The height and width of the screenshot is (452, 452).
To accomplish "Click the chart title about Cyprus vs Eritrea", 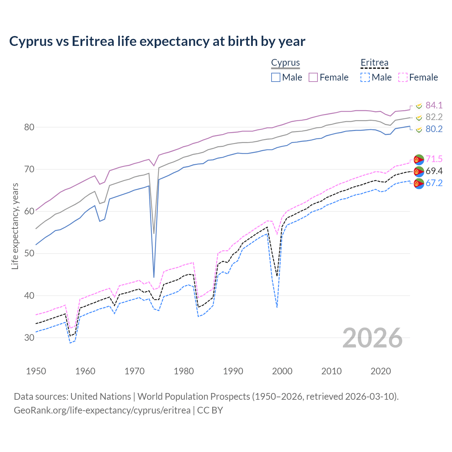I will [x=157, y=41].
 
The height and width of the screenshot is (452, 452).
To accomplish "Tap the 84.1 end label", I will [x=434, y=105].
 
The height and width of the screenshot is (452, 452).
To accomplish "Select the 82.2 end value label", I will [x=434, y=117].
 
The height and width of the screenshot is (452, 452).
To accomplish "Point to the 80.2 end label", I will [x=434, y=129].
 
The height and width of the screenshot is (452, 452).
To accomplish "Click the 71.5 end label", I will [x=434, y=159].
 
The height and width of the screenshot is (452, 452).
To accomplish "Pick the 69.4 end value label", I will [x=434, y=171].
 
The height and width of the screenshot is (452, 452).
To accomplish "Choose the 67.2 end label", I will [x=434, y=183].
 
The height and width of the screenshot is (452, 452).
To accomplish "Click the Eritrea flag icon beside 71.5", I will [x=419, y=160].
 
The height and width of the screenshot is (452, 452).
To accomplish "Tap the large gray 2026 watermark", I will [x=373, y=338].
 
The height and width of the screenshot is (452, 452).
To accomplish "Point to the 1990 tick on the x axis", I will [x=233, y=371].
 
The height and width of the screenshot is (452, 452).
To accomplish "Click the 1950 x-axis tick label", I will [x=36, y=371].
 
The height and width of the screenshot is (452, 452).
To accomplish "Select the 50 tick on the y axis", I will [x=29, y=254].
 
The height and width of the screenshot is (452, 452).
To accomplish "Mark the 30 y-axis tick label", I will [x=29, y=338].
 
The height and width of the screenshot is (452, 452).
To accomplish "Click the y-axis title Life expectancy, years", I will [x=15, y=226].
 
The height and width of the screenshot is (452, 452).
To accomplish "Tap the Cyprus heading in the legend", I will [x=285, y=63].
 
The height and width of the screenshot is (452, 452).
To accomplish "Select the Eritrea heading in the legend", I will [x=374, y=63].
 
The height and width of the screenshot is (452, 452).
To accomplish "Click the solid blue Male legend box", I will [x=276, y=77].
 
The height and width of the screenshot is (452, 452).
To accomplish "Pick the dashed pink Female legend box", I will [x=403, y=77].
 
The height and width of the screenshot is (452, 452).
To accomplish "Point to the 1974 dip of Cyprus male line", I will [x=154, y=277].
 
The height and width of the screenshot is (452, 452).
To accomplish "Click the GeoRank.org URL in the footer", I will [x=102, y=410].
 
